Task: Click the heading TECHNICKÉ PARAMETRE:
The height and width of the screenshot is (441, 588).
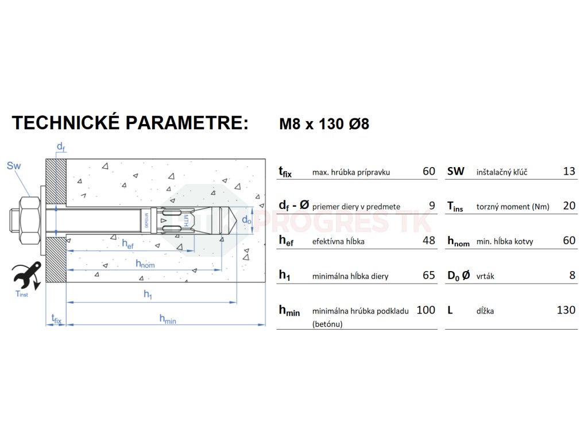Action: coord(130,123)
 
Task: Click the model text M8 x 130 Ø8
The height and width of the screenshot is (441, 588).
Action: coord(324,124)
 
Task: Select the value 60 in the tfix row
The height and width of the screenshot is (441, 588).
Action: coord(428,171)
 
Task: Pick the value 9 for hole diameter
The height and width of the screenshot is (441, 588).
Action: coord(432,206)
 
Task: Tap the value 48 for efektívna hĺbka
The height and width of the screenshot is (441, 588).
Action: coord(428,241)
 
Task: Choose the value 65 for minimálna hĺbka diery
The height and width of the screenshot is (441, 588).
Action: coord(428,275)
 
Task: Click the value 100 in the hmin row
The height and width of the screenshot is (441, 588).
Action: coord(425,310)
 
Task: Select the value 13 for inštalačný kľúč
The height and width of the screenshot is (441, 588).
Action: coord(569,171)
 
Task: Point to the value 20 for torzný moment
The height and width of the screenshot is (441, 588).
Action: coord(569,206)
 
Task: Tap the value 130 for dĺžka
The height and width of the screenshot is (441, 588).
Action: coord(566,310)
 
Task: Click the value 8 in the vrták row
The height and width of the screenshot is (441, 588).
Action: coord(572,275)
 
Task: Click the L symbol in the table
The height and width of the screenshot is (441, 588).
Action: coord(450,310)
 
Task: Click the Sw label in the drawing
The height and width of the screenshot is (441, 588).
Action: coord(14,166)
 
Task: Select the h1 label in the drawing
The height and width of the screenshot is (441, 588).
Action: coord(148,295)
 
